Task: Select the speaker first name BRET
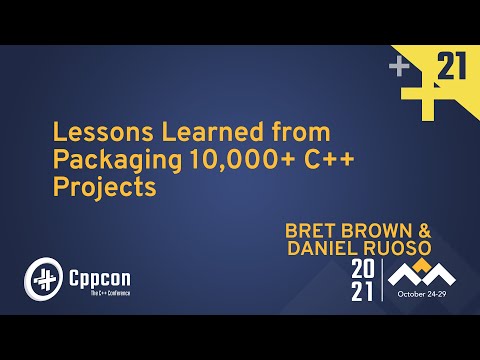(312, 229)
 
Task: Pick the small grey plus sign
(400, 68)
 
